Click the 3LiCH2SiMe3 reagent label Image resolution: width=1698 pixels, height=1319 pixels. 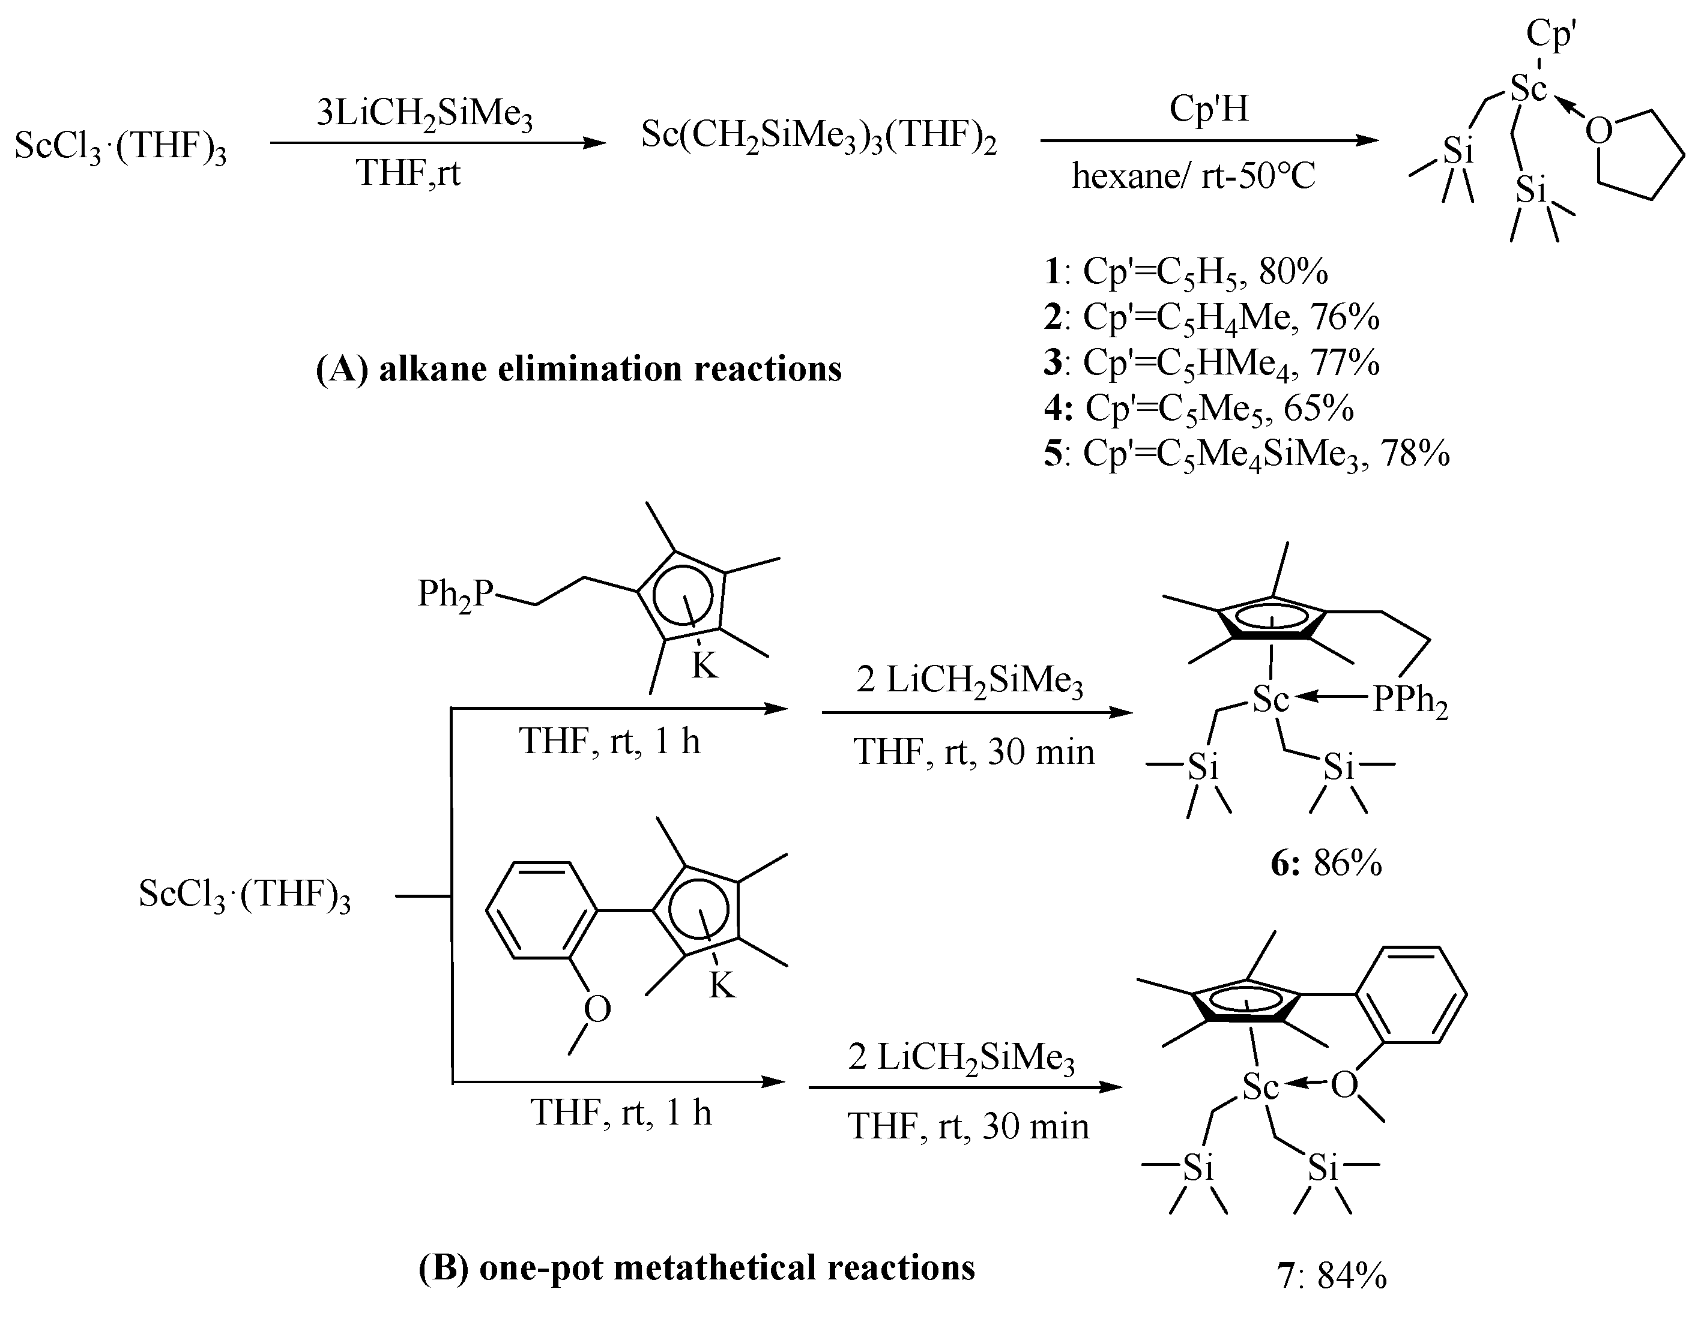click(424, 115)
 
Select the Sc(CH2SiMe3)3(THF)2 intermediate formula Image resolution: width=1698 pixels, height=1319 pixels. click(818, 137)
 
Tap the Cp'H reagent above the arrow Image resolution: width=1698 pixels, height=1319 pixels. click(1209, 109)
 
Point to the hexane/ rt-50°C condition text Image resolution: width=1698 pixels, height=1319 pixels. click(1194, 176)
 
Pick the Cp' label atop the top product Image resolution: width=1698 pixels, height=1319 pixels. click(1551, 34)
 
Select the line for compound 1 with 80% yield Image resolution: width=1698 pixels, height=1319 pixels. click(1186, 271)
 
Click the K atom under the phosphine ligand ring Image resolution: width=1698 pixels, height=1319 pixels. click(704, 666)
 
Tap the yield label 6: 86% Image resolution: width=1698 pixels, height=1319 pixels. click(1326, 864)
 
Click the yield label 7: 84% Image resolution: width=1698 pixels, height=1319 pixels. click(1332, 1276)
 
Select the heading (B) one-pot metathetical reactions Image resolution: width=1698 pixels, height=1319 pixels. click(696, 1268)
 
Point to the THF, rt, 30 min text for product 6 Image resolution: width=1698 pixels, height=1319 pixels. click(973, 751)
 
